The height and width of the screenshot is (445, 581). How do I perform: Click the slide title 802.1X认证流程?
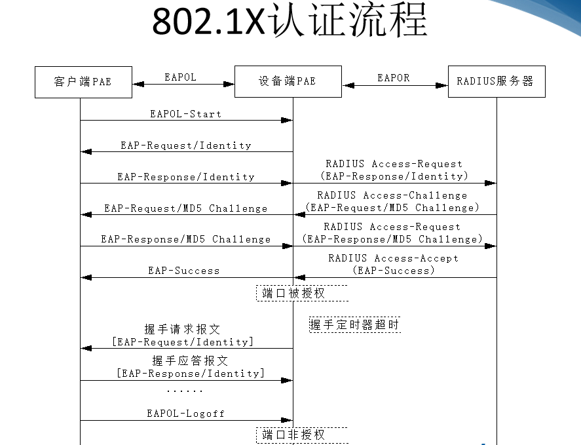[290, 22]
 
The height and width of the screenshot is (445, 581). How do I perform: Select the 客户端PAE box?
[83, 81]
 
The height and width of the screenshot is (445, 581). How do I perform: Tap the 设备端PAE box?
[288, 81]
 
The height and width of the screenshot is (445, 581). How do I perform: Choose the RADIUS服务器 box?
[496, 81]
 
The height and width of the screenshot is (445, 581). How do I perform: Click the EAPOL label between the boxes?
[180, 77]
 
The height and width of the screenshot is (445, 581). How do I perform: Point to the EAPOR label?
[394, 78]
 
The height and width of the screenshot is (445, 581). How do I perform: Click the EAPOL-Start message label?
[186, 114]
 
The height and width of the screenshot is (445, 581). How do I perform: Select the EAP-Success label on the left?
[184, 270]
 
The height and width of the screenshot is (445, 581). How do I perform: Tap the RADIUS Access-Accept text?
[393, 258]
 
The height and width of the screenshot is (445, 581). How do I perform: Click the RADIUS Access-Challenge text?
[392, 195]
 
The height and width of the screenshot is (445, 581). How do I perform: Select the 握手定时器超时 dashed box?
[354, 324]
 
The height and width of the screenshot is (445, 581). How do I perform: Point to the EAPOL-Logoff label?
[186, 414]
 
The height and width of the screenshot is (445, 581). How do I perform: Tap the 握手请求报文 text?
[182, 330]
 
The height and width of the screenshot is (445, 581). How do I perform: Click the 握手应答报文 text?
[190, 361]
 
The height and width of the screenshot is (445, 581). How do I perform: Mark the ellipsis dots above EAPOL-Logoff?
[184, 391]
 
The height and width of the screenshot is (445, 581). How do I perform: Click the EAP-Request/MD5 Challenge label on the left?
[186, 208]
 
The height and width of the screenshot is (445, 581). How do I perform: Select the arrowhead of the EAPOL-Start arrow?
[287, 121]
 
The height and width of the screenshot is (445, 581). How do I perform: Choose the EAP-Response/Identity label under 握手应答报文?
[191, 374]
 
